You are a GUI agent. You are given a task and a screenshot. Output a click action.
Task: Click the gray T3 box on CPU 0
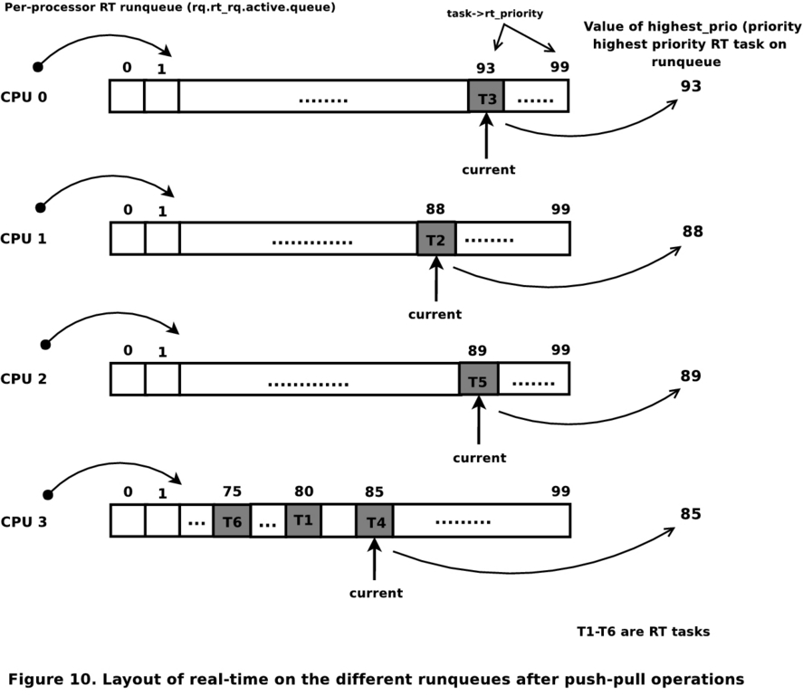click(x=486, y=97)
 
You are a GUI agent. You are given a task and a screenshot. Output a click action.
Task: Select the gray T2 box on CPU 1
click(x=435, y=240)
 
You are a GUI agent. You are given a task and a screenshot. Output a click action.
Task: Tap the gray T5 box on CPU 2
click(x=479, y=380)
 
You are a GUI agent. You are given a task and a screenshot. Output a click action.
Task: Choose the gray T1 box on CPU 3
click(x=302, y=521)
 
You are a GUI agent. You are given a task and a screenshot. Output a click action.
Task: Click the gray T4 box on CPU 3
click(x=375, y=522)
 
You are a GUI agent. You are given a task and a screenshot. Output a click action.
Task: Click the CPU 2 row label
click(x=24, y=380)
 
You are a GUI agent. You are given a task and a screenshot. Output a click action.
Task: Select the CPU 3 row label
click(x=24, y=522)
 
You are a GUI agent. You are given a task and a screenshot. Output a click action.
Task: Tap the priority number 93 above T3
click(x=486, y=68)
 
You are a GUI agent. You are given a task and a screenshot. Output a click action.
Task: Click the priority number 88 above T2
click(x=435, y=209)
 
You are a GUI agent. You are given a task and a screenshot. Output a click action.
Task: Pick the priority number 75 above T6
click(x=232, y=491)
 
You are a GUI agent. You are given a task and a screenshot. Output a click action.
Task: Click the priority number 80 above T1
click(x=303, y=491)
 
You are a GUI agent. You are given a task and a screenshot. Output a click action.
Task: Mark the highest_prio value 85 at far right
click(x=692, y=514)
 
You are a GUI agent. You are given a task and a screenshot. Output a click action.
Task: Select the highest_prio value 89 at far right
click(x=692, y=375)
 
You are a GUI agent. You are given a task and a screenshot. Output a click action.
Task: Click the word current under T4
click(x=376, y=593)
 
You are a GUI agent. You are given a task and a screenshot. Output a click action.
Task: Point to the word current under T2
click(x=435, y=314)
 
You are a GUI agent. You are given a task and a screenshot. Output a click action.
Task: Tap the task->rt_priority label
click(x=482, y=14)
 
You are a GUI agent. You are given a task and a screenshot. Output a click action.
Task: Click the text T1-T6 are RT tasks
click(x=643, y=632)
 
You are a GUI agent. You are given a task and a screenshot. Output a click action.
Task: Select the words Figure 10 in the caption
click(x=45, y=678)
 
